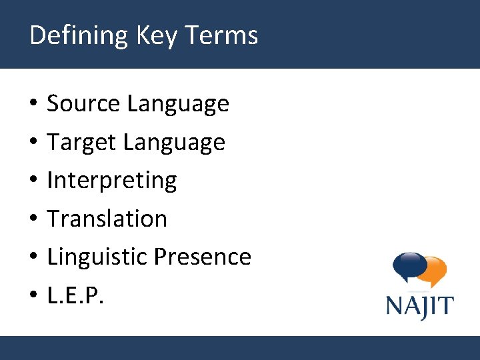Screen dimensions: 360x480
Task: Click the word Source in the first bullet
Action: click(x=83, y=104)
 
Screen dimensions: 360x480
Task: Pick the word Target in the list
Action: click(x=82, y=143)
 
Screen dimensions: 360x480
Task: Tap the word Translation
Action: click(x=107, y=219)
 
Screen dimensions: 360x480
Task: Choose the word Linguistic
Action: click(x=97, y=257)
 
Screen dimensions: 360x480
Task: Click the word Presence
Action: click(x=203, y=257)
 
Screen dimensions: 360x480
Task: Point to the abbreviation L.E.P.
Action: click(x=76, y=295)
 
